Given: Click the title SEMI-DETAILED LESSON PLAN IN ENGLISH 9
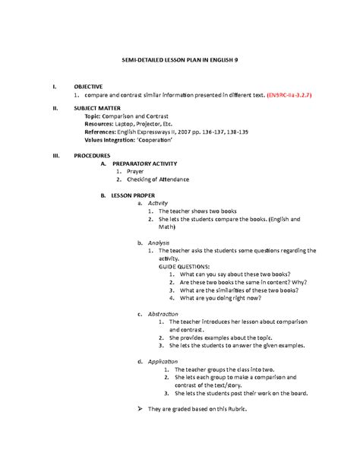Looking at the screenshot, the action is click(180, 60).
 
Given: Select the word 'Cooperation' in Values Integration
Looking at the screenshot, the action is click(156, 140).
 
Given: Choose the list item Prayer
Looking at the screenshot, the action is click(135, 172).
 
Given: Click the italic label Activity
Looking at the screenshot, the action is click(158, 204).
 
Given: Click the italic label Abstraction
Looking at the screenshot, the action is click(163, 314).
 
